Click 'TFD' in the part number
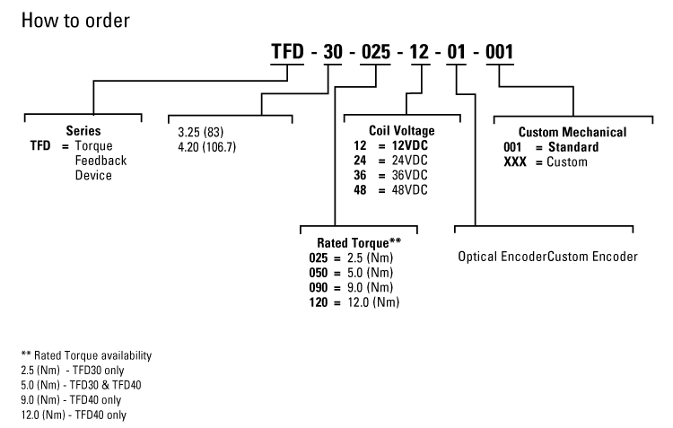pyautogui.click(x=289, y=53)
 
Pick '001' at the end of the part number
pyautogui.click(x=497, y=53)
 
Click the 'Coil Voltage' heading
pyautogui.click(x=401, y=131)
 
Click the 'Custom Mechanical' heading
pyautogui.click(x=572, y=132)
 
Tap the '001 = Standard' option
pyautogui.click(x=551, y=146)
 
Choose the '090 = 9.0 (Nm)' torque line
pyautogui.click(x=353, y=287)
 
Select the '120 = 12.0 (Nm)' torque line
pyautogui.click(x=354, y=302)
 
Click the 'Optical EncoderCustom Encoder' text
pyautogui.click(x=547, y=257)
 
